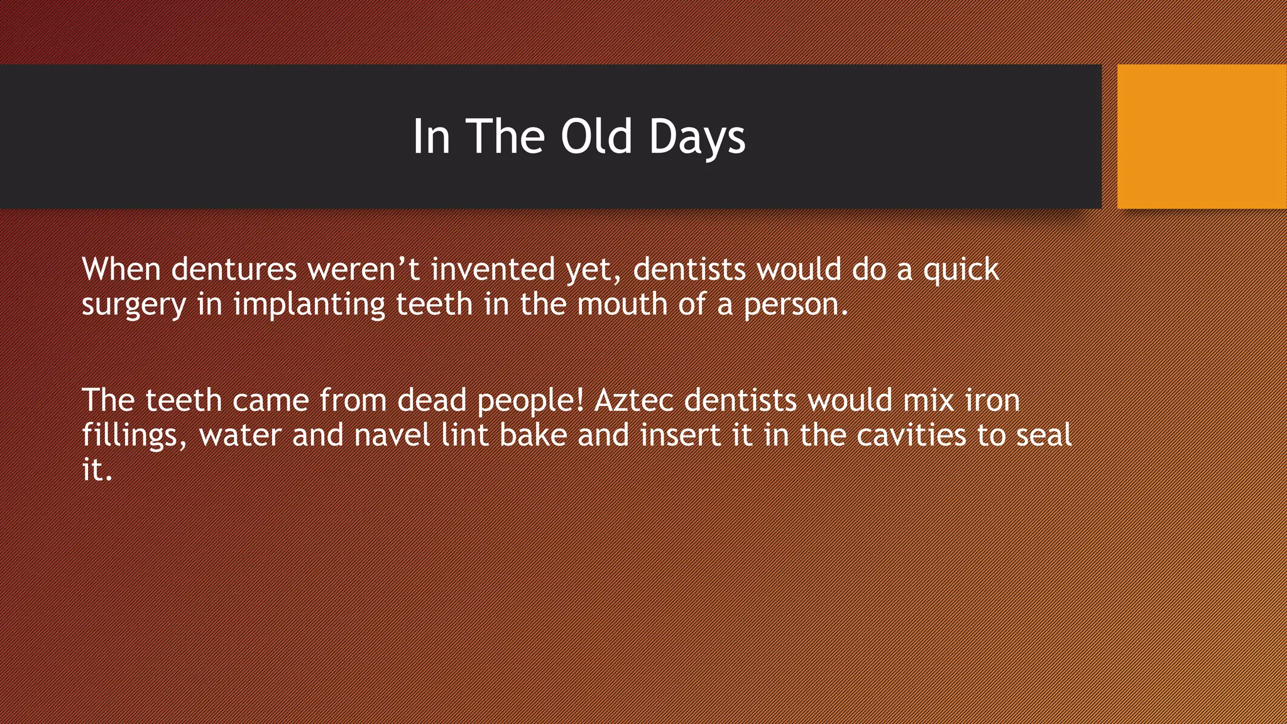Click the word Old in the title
click(x=596, y=136)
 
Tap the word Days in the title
click(x=697, y=136)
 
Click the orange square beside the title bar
click(x=1202, y=136)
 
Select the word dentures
click(x=234, y=269)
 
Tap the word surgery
click(x=134, y=305)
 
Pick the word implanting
click(x=309, y=305)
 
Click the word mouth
click(x=622, y=304)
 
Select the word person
click(x=796, y=305)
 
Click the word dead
click(x=431, y=400)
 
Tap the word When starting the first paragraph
click(x=121, y=269)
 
